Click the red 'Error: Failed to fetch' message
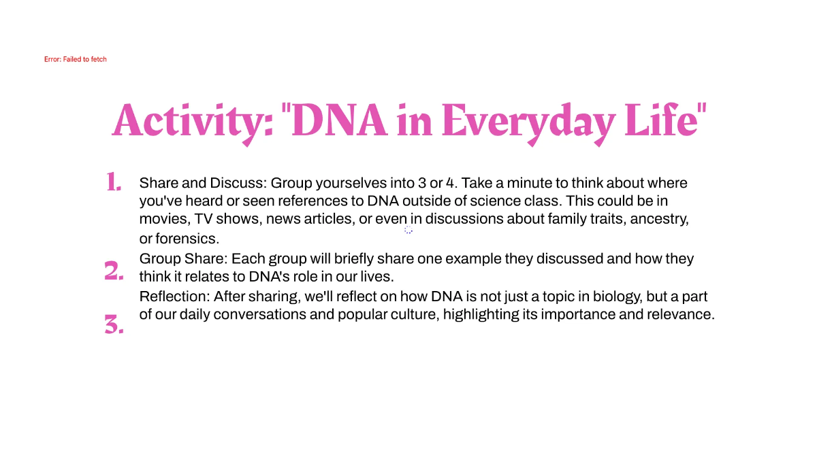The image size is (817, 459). click(75, 59)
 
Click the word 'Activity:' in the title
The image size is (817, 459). click(193, 120)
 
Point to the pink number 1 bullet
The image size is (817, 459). click(113, 182)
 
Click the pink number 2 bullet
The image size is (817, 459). click(114, 271)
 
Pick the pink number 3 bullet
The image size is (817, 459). click(114, 326)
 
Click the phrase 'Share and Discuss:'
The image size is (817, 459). click(202, 183)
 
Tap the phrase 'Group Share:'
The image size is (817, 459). click(183, 259)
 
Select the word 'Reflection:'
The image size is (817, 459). click(174, 296)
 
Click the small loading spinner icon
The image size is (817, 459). click(408, 230)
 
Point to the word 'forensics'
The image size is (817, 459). click(187, 239)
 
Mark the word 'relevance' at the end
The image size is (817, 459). click(684, 315)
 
